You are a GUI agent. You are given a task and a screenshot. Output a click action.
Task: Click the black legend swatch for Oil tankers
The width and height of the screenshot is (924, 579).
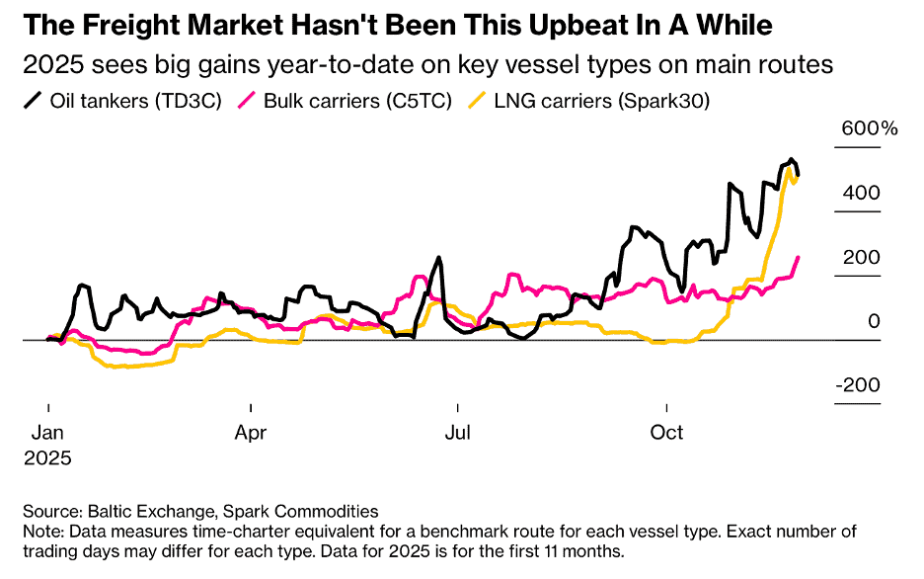coord(33,100)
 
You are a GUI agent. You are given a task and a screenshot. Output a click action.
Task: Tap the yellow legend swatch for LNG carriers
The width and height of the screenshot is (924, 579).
coord(477,100)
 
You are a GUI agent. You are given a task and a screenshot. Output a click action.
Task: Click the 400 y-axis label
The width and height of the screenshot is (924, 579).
coord(861,193)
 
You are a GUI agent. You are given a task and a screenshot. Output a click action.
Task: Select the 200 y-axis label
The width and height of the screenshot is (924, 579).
coord(861,257)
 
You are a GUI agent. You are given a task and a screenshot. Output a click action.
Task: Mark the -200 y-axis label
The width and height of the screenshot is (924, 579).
coord(857,385)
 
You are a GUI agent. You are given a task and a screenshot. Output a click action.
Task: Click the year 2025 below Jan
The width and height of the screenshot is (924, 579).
coord(48,458)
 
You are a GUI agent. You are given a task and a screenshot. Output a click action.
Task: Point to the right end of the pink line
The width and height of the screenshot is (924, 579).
coord(799,257)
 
